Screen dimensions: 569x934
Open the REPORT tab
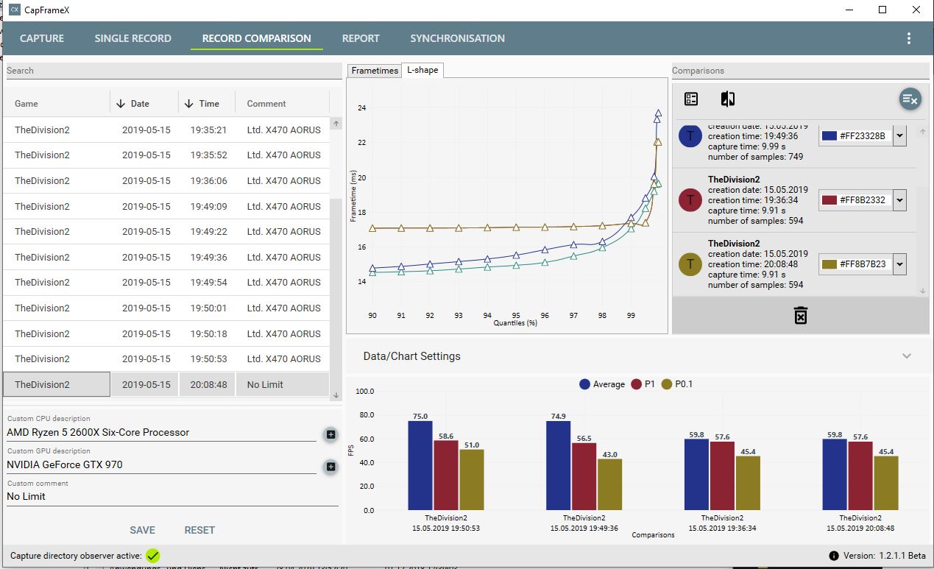pyautogui.click(x=361, y=38)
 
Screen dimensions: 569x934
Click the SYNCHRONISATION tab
pyautogui.click(x=457, y=38)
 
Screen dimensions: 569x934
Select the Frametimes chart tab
pyautogui.click(x=375, y=71)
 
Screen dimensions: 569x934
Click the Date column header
pyautogui.click(x=140, y=104)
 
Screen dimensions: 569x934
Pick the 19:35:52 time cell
pyautogui.click(x=208, y=155)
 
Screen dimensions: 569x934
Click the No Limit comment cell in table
pyautogui.click(x=265, y=384)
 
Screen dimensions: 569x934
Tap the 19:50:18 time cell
pyautogui.click(x=208, y=333)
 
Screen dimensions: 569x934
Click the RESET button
pyautogui.click(x=199, y=530)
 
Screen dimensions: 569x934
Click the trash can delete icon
pyautogui.click(x=801, y=316)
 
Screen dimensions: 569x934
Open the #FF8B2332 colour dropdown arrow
pyautogui.click(x=900, y=200)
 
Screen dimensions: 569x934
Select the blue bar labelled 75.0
pyautogui.click(x=420, y=465)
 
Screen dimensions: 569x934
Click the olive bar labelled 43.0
pyautogui.click(x=609, y=484)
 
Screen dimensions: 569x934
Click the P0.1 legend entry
pyautogui.click(x=676, y=384)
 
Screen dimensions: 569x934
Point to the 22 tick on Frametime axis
pyautogui.click(x=361, y=143)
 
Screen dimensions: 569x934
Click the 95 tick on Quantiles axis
pyautogui.click(x=516, y=315)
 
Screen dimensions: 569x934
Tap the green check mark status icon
pyautogui.click(x=153, y=556)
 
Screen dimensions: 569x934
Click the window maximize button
pyautogui.click(x=882, y=10)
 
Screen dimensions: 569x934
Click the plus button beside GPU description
pyautogui.click(x=330, y=466)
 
